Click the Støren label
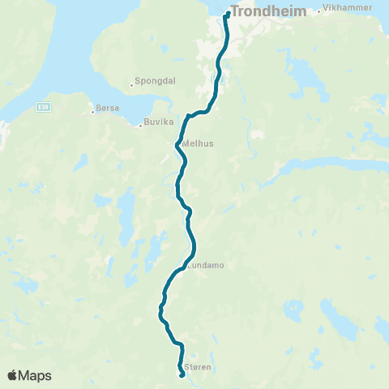pyautogui.click(x=199, y=367)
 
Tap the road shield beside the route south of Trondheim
pyautogui.click(x=216, y=78)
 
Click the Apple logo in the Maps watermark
pyautogui.click(x=12, y=375)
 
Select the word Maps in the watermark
pyautogui.click(x=36, y=375)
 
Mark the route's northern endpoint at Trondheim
pyautogui.click(x=228, y=13)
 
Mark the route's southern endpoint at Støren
pyautogui.click(x=181, y=374)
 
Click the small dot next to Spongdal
pyautogui.click(x=131, y=83)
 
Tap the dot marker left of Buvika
pyautogui.click(x=139, y=123)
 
